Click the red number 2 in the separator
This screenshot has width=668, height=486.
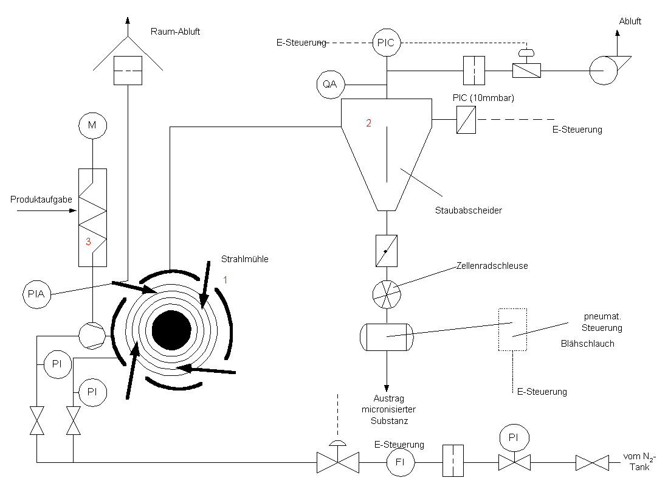[x=368, y=123]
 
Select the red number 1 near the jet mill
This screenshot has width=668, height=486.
[x=226, y=280]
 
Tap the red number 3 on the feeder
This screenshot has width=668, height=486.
[x=88, y=241]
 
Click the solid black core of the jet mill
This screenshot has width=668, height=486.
[x=171, y=330]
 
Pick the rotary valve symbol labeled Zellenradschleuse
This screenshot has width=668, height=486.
[x=387, y=294]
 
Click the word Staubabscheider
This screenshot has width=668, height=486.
[x=469, y=210]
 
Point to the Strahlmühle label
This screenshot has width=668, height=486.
[x=245, y=259]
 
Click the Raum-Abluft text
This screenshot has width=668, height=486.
[x=175, y=32]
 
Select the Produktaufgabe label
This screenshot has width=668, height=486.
[x=41, y=200]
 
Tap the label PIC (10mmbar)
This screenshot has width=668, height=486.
[x=484, y=98]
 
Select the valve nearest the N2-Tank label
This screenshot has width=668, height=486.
[x=592, y=463]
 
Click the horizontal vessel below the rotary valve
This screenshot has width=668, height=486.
[x=387, y=337]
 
